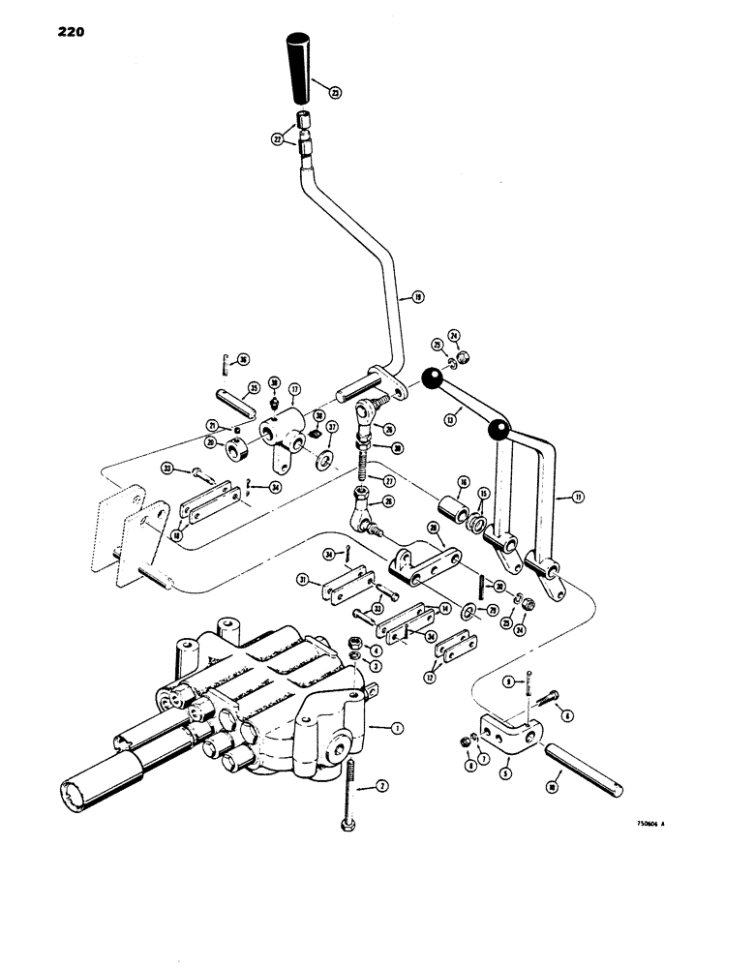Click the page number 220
coord(65,32)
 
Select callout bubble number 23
coord(335,94)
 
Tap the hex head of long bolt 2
coord(345,824)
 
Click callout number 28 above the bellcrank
coord(434,528)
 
